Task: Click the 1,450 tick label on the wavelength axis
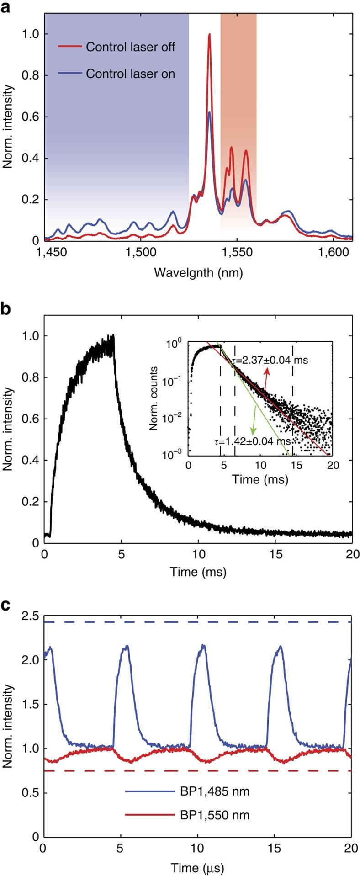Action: coord(44,253)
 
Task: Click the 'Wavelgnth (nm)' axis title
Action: coord(198,273)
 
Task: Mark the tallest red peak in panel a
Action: coord(210,35)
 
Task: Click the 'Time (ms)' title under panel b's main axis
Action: coord(198,571)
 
